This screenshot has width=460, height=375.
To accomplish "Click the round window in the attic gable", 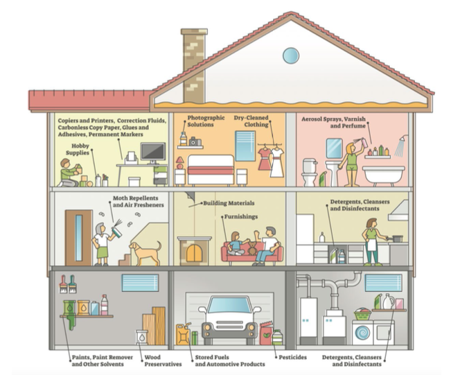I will pyautogui.click(x=290, y=55).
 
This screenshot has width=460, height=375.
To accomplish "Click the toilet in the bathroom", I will pyautogui.click(x=310, y=173).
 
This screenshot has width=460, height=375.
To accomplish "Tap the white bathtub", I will pyautogui.click(x=383, y=173).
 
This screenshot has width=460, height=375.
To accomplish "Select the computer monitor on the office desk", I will pyautogui.click(x=152, y=151).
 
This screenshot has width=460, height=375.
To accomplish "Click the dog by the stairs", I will pyautogui.click(x=145, y=253).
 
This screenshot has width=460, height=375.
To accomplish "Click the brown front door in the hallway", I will pyautogui.click(x=79, y=237).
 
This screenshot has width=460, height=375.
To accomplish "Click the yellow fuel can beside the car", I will pyautogui.click(x=183, y=334).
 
